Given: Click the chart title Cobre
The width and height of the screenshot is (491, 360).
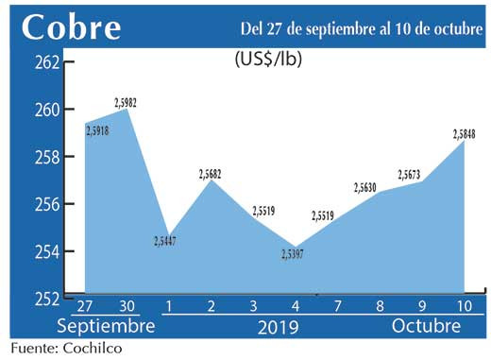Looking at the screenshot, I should [x=72, y=28].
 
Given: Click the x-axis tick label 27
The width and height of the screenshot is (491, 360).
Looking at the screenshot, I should [x=84, y=307].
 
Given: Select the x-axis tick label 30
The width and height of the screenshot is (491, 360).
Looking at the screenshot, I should [x=127, y=307].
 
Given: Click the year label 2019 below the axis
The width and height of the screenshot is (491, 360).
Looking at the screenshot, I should [x=278, y=327].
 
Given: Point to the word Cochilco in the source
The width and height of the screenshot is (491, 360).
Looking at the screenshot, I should [x=92, y=349].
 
